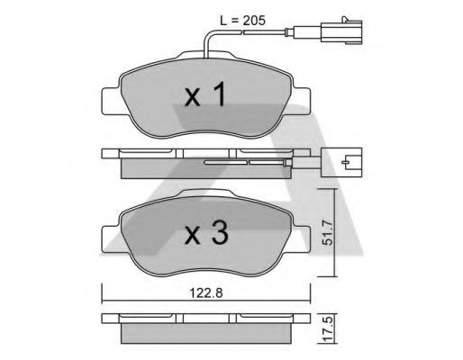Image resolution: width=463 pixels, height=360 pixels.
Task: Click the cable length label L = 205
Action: [242, 21]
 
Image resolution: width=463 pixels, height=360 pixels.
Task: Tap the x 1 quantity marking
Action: [205, 94]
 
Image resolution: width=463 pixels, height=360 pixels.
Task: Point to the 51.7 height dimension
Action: [328, 233]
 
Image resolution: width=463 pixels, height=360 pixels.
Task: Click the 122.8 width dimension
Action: [206, 292]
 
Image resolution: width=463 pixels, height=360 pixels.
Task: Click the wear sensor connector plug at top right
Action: [341, 31]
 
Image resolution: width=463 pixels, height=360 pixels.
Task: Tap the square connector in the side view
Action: [341, 162]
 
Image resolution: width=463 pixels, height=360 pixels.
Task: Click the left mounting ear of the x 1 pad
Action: [111, 101]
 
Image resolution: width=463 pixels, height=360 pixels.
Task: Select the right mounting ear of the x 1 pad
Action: [301, 101]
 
